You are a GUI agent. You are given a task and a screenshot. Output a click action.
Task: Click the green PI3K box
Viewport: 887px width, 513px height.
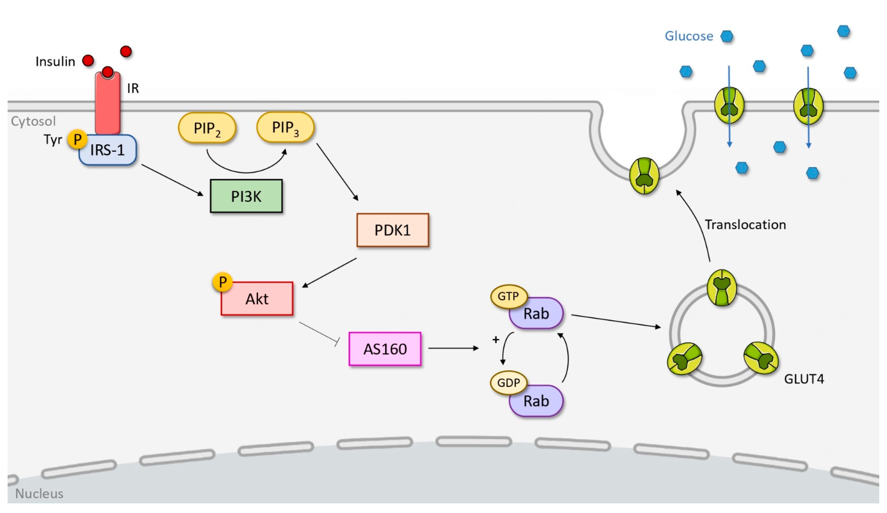(x=246, y=196)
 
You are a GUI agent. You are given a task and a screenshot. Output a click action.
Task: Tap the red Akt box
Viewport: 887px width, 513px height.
(x=257, y=299)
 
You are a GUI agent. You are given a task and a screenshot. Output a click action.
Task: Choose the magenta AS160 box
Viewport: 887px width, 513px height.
(x=385, y=349)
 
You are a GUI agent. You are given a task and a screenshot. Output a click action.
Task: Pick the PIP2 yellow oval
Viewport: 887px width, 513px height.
(x=207, y=128)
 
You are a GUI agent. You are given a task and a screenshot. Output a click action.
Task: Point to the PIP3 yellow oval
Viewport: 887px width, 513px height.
(x=285, y=127)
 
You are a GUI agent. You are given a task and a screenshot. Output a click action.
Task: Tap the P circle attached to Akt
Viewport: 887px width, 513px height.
(x=222, y=282)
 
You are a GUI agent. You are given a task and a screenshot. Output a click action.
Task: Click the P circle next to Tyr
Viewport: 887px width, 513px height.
(x=78, y=139)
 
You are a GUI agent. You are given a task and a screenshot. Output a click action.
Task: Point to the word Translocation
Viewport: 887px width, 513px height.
(x=745, y=224)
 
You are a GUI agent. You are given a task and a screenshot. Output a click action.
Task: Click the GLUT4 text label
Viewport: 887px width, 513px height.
(x=804, y=379)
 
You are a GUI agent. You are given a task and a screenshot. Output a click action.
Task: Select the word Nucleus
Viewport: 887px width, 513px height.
(x=39, y=494)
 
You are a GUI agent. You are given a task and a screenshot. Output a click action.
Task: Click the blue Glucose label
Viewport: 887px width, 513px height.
(x=689, y=36)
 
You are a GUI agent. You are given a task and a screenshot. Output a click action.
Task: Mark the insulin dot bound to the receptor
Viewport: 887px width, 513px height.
(x=108, y=72)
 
